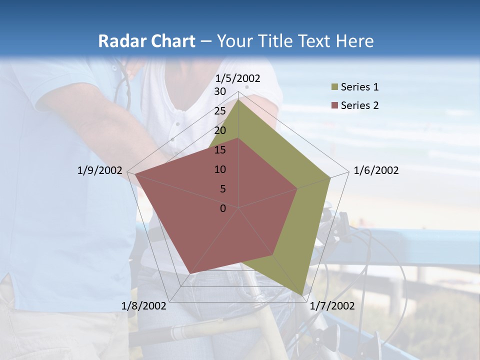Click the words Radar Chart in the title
tap(146, 41)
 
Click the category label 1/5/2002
tap(238, 78)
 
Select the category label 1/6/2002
tap(376, 170)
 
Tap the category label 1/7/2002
tap(332, 305)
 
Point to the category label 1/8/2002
tap(144, 305)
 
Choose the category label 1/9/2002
tap(100, 170)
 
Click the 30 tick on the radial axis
tap(220, 91)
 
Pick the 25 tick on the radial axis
tap(220, 111)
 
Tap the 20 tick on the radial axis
tap(220, 130)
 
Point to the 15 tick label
tap(220, 150)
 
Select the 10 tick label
tap(220, 169)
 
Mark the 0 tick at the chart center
tap(223, 208)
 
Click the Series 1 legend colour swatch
tap(334, 87)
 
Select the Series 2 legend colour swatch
tap(334, 105)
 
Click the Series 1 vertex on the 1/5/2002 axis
tap(238, 99)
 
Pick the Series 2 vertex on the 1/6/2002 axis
tap(297, 188)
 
